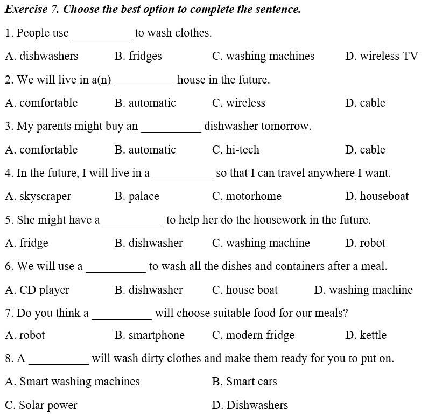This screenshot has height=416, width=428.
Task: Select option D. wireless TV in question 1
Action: coord(381,56)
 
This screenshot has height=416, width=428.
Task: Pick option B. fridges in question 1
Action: coord(138,56)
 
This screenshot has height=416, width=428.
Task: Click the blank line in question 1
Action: coord(102,36)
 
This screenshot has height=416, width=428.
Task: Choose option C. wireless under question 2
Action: coord(238,103)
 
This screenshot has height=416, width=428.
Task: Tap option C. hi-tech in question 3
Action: coord(235,150)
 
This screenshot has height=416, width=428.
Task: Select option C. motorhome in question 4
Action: coord(247,196)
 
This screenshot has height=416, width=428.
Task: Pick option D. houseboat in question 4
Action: coord(376,196)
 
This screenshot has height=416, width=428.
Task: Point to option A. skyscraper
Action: coord(38,196)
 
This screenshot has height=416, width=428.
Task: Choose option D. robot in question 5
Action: coord(365,243)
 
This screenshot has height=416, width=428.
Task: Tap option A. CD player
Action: coord(37,290)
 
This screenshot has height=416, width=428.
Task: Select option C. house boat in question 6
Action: coord(245,290)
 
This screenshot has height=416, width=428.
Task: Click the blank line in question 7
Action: coord(122,316)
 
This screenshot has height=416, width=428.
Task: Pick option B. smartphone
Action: coord(149,335)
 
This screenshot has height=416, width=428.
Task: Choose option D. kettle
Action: coord(366,335)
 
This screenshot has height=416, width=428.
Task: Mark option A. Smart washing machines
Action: coord(72,382)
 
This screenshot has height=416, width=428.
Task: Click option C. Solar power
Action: coord(41,405)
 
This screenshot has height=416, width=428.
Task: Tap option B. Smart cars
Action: coord(244,382)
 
